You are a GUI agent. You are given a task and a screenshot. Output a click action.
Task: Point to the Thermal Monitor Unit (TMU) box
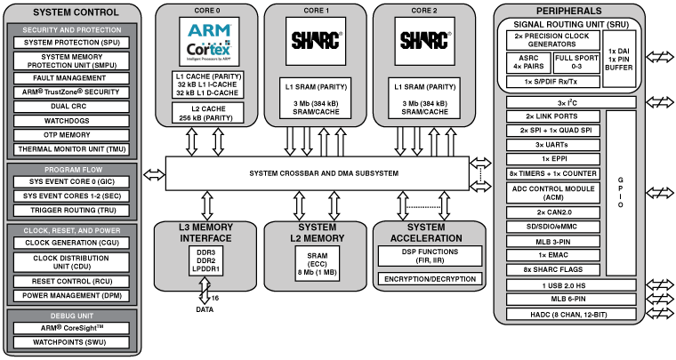[70, 148]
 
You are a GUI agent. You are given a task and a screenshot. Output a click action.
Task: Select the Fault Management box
[70, 77]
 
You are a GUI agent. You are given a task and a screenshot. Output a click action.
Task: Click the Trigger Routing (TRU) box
[70, 210]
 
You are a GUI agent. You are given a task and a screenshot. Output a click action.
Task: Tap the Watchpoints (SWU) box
[70, 341]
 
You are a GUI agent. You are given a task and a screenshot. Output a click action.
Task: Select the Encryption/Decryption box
[428, 278]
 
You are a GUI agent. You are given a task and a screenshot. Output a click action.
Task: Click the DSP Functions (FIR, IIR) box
[428, 256]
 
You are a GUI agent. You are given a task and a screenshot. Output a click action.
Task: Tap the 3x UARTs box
[551, 144]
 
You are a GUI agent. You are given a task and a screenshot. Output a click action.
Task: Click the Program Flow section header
[70, 168]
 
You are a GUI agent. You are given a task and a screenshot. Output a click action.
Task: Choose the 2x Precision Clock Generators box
[551, 40]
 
